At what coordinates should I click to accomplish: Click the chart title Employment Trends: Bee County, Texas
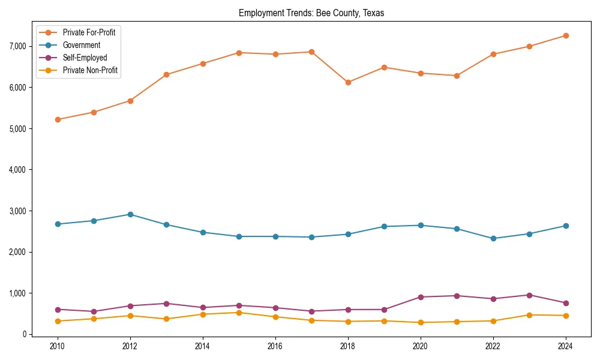(311, 13)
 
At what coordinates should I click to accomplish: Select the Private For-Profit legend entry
(89, 32)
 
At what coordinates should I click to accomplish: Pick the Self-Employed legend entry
(85, 58)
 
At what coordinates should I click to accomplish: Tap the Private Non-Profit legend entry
(90, 71)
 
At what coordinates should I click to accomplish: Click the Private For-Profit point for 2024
(565, 35)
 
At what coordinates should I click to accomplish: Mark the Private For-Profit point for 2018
(348, 82)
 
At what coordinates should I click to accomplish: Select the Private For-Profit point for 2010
(58, 119)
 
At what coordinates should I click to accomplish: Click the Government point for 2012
(130, 214)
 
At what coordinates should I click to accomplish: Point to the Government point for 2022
(493, 238)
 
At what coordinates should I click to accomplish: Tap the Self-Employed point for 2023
(529, 295)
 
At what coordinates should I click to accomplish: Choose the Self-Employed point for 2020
(421, 297)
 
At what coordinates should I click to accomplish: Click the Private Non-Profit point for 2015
(239, 313)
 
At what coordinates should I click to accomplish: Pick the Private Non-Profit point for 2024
(565, 316)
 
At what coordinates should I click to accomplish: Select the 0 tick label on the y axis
(25, 334)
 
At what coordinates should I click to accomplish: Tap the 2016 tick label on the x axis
(275, 346)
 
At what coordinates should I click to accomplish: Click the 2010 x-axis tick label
(58, 346)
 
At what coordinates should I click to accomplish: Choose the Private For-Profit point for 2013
(166, 74)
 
